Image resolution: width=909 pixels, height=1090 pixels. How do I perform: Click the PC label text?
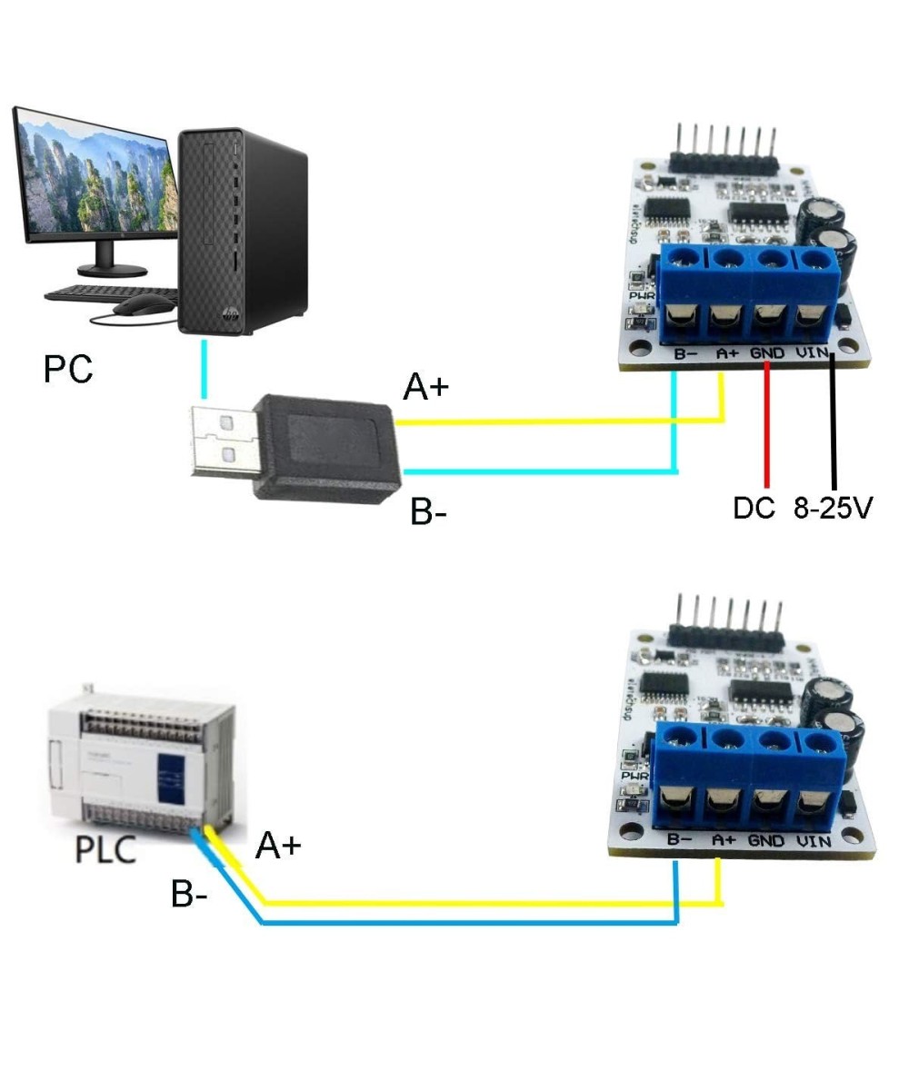[68, 370]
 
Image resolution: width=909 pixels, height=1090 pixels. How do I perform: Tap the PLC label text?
[105, 850]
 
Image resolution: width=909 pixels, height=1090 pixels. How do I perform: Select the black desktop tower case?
[243, 232]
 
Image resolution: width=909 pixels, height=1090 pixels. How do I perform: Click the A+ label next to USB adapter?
[426, 389]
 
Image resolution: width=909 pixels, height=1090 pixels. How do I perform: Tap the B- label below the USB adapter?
[429, 512]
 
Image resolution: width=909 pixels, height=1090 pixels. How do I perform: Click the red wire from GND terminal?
[767, 427]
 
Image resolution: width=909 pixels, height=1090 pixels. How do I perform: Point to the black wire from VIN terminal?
[833, 427]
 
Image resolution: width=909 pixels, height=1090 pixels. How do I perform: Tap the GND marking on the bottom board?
[766, 842]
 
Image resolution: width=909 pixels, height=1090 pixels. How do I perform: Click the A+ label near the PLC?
[278, 846]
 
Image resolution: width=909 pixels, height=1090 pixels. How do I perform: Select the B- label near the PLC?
[189, 895]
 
